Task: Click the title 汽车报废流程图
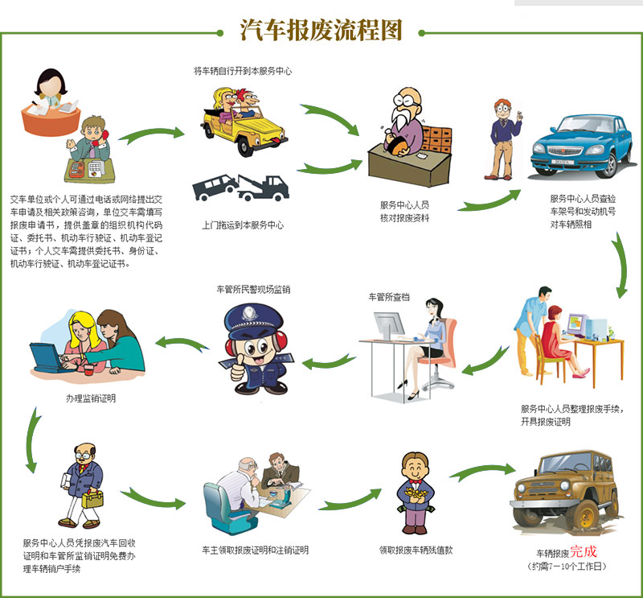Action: [x=321, y=29]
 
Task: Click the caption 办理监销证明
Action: [x=90, y=397]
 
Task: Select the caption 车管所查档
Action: [x=388, y=296]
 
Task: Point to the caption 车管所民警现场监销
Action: [x=253, y=288]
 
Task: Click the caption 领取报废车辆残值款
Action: [x=416, y=551]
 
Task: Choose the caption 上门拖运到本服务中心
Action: [x=243, y=225]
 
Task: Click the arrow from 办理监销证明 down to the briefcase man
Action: [x=32, y=439]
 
